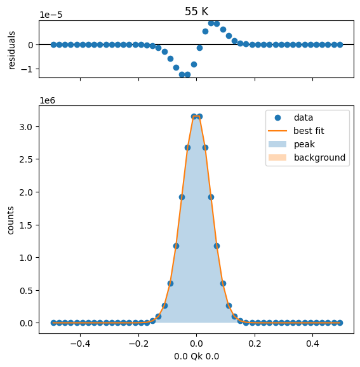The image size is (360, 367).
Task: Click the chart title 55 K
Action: click(196, 11)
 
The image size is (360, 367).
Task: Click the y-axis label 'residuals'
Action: click(11, 50)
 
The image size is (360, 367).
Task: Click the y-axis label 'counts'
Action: click(10, 220)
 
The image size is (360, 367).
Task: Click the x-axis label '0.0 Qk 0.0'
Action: click(196, 356)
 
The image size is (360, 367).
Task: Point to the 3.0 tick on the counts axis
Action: click(26, 127)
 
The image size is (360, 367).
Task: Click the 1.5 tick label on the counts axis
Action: click(26, 225)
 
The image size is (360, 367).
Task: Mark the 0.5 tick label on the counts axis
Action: click(26, 290)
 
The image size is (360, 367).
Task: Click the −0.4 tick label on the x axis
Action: click(80, 344)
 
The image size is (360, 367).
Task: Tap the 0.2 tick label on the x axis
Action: click(255, 344)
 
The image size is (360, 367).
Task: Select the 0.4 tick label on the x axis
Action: click(313, 344)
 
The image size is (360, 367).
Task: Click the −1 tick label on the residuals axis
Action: click(27, 69)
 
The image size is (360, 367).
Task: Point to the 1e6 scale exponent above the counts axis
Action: click(47, 100)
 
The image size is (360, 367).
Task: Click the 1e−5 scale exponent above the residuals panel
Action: click(51, 15)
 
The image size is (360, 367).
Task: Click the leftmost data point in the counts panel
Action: click(53, 323)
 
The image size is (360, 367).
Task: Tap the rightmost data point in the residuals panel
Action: click(340, 44)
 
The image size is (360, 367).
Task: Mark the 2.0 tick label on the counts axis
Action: click(26, 192)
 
